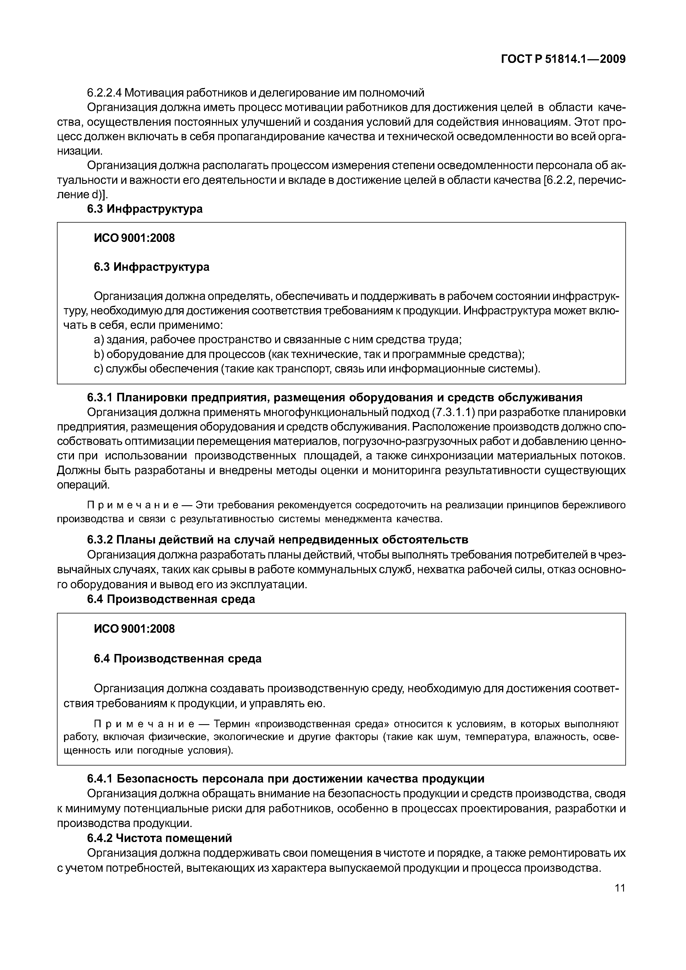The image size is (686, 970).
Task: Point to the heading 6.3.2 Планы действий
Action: [277, 540]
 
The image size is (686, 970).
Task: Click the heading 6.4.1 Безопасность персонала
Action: [285, 778]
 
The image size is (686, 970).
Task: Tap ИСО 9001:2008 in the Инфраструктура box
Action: [134, 238]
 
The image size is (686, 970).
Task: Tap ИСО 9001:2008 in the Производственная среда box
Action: [134, 629]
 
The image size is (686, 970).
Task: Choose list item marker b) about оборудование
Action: [99, 354]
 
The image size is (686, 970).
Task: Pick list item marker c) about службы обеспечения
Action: [99, 369]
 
